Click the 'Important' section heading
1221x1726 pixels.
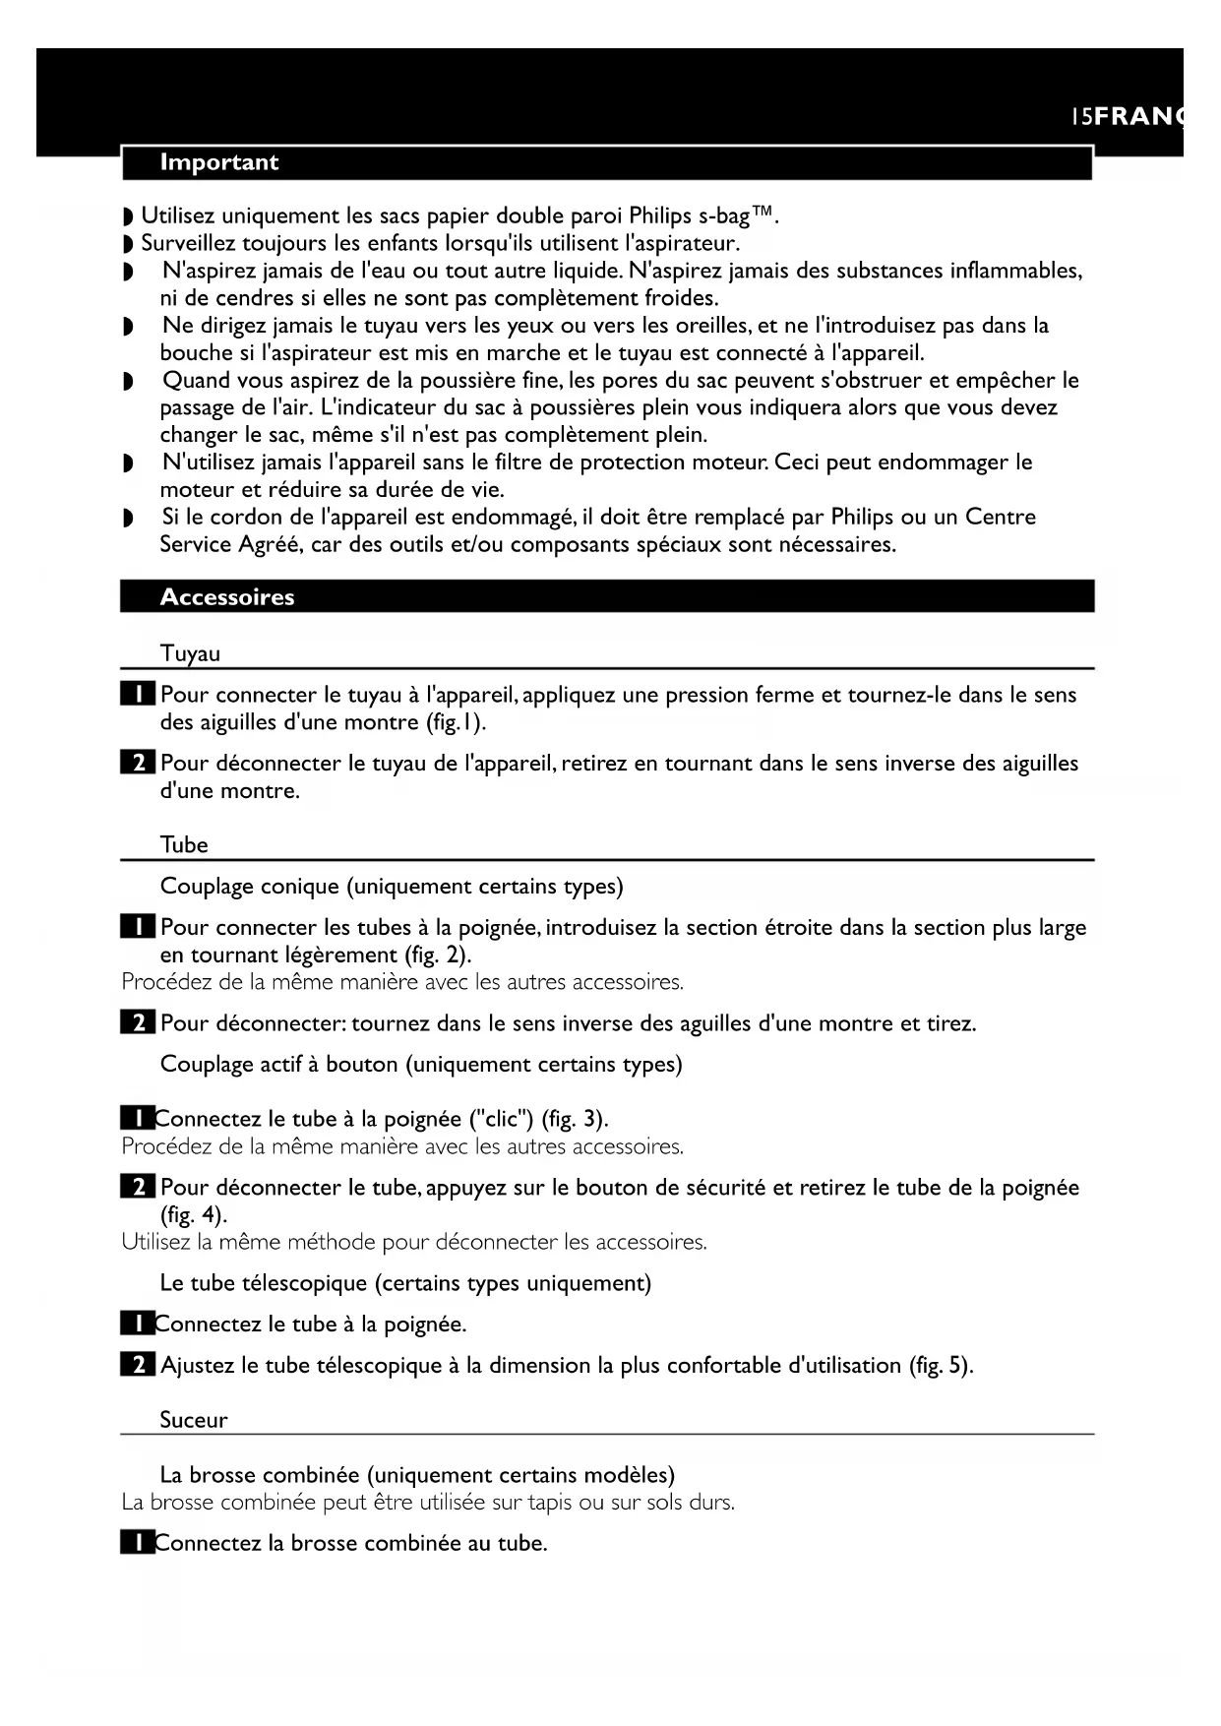click(218, 163)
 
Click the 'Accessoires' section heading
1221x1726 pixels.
click(226, 597)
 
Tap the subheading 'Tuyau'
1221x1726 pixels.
click(190, 653)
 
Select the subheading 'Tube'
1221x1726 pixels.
click(184, 844)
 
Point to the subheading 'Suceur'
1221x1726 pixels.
click(194, 1420)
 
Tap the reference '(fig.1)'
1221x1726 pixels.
click(456, 722)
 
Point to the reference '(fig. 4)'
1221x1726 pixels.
click(193, 1214)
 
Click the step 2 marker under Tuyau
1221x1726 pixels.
click(138, 764)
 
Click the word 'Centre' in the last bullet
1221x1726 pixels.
click(1001, 517)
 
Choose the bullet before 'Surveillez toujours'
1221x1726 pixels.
click(127, 244)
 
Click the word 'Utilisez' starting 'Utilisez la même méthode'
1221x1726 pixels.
click(155, 1242)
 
